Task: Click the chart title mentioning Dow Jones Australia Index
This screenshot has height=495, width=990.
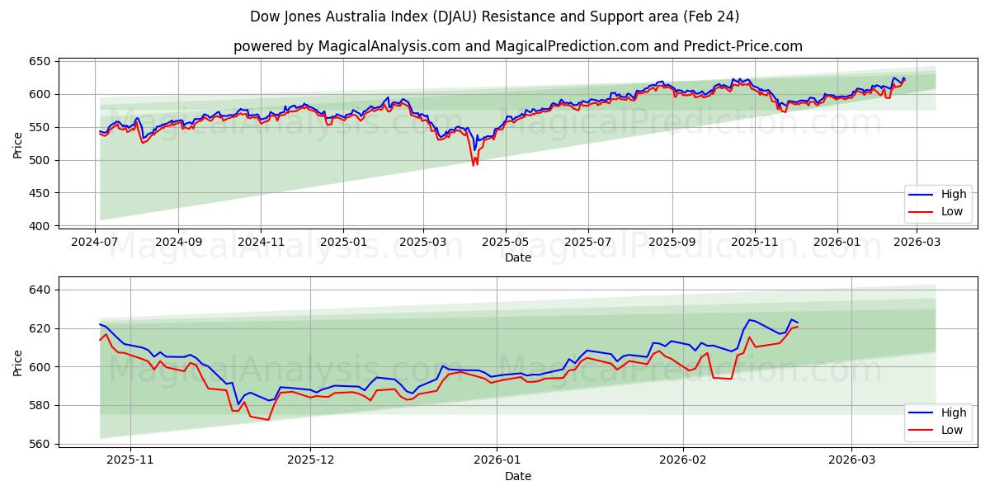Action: (x=494, y=16)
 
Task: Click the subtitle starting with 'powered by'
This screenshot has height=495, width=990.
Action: (x=517, y=46)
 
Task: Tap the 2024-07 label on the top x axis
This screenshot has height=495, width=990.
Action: (x=96, y=243)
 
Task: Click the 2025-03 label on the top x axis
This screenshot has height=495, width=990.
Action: (x=423, y=243)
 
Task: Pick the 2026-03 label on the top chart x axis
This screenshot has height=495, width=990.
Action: (x=917, y=243)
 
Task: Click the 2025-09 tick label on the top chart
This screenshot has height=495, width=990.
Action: (x=672, y=243)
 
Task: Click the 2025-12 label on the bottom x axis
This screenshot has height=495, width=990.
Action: (x=312, y=460)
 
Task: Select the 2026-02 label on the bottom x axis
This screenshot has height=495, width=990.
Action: (x=684, y=460)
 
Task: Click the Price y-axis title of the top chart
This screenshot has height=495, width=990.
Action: (x=18, y=144)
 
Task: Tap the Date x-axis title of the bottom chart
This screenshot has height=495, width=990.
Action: (x=517, y=476)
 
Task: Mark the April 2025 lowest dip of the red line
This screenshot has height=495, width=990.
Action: (x=474, y=166)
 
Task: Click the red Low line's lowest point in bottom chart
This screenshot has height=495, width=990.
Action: (x=268, y=420)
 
